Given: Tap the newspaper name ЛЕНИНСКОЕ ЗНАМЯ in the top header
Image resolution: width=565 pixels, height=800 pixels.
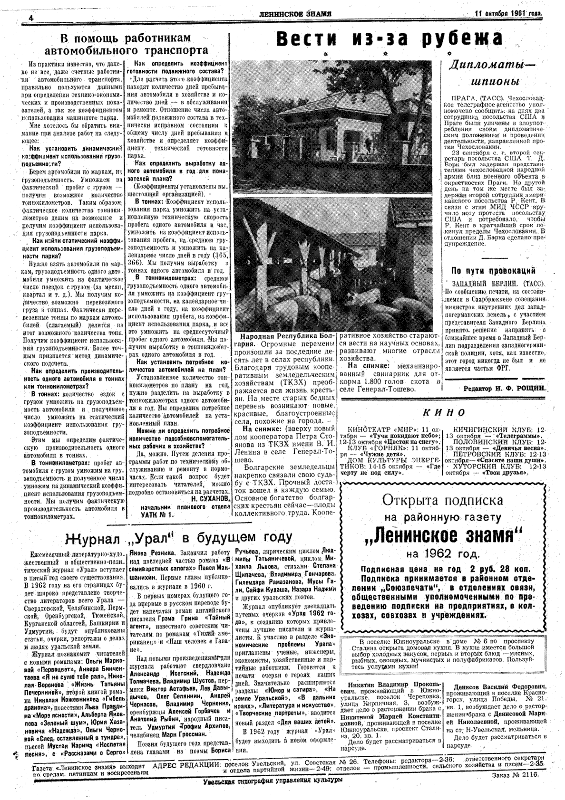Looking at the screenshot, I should point(295,13).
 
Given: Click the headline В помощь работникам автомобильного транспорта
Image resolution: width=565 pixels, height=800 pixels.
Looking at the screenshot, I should point(126,44).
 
